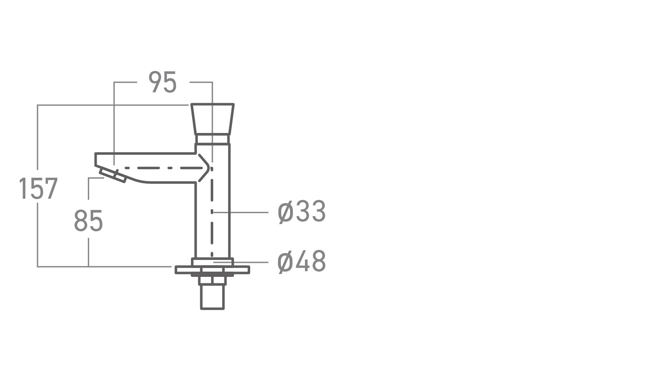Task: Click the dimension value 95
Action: [x=163, y=82]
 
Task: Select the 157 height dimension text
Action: [x=38, y=189]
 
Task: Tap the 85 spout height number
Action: [x=88, y=221]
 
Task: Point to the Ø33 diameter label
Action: [x=301, y=212]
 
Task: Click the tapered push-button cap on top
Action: [x=212, y=119]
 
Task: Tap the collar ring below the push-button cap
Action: [x=212, y=139]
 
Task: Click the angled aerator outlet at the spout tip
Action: [x=112, y=175]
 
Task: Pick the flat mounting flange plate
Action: [x=212, y=270]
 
